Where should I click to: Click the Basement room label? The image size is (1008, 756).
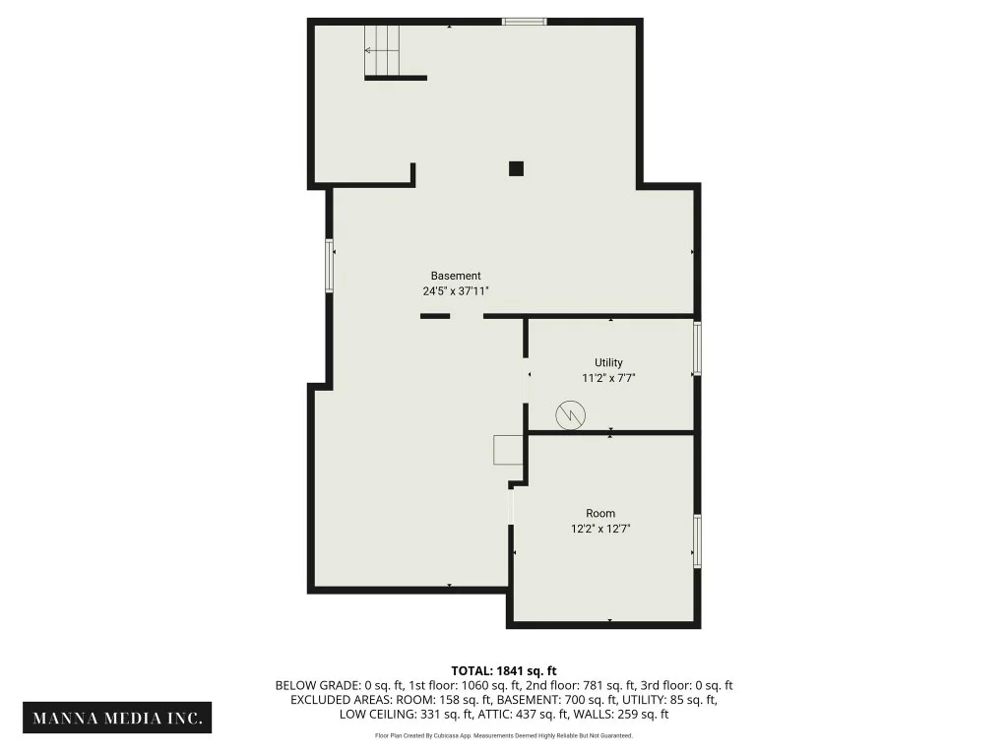pos(456,276)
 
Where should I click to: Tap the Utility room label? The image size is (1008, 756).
pos(608,362)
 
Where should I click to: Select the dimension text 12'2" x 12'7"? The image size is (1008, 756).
pos(600,529)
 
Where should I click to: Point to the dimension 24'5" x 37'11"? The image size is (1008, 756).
pos(456,291)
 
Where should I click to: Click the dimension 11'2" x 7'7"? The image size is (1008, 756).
pos(608,378)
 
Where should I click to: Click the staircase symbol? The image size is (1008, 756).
pos(382,50)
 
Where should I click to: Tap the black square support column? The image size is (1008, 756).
pos(516,168)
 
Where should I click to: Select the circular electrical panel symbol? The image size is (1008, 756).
pos(570,414)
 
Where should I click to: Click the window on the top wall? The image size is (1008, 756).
pos(525,22)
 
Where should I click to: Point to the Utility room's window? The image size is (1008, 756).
pos(697,347)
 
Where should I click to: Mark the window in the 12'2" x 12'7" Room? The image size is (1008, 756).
pos(697,540)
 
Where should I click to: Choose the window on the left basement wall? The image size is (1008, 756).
pos(329,266)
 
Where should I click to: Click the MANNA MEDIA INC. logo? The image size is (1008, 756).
pos(117,718)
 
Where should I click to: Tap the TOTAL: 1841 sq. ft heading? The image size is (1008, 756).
pos(504,671)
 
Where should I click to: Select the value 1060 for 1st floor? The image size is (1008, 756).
pos(475,686)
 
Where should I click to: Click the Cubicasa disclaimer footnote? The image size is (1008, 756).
pos(504,736)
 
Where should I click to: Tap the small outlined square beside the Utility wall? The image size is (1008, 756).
pos(508,450)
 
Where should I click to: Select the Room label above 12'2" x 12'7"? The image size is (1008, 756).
pos(600,514)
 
